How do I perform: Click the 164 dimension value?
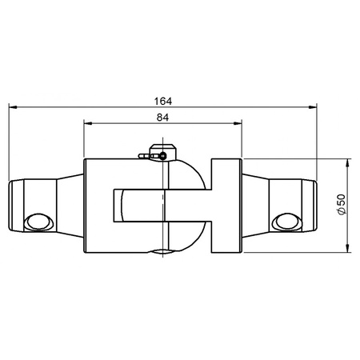click(163, 102)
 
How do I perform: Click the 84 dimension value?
click(162, 118)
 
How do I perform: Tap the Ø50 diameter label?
click(342, 205)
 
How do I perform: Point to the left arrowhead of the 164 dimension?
click(13, 107)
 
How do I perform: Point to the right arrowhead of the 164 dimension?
click(313, 107)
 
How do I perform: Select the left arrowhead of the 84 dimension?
click(88, 123)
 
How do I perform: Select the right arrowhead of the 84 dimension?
click(238, 123)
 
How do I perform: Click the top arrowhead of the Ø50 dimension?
click(347, 163)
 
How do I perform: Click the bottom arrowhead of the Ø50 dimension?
click(347, 248)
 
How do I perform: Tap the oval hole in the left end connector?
click(38, 222)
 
